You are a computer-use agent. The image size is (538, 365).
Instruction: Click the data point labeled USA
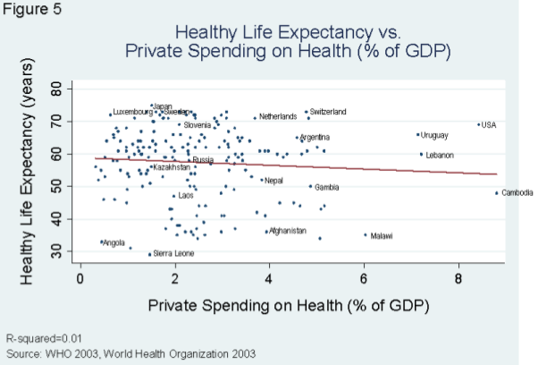[479, 125]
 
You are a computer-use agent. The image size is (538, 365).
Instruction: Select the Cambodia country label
[517, 193]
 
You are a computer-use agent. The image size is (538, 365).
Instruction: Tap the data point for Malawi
[366, 235]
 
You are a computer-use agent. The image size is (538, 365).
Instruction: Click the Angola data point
[101, 242]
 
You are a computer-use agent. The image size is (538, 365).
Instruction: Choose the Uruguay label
[434, 136]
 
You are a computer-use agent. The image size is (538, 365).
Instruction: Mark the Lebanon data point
[422, 154]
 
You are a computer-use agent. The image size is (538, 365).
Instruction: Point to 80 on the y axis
[55, 90]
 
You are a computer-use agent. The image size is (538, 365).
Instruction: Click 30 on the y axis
[55, 254]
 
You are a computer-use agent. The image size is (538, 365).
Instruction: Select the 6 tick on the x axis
[365, 276]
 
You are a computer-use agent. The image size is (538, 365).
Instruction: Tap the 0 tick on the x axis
[80, 276]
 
